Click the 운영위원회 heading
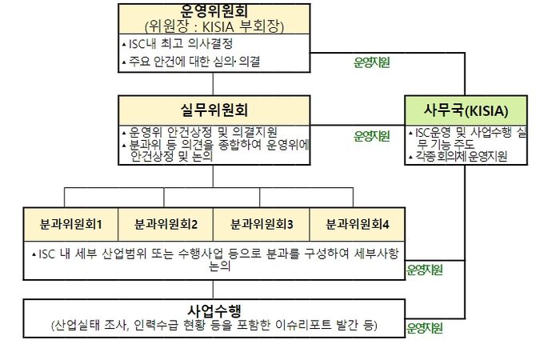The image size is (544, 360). (x=214, y=11)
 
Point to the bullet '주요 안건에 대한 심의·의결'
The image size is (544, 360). (x=191, y=62)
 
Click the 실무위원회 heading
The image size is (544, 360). (x=214, y=110)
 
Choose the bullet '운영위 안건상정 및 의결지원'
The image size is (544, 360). (x=200, y=132)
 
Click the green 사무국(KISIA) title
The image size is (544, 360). (x=466, y=110)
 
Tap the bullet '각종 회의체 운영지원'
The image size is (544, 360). (x=458, y=157)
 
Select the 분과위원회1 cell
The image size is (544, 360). (x=70, y=224)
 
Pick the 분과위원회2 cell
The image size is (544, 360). (x=166, y=224)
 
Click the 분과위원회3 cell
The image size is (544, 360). (x=262, y=224)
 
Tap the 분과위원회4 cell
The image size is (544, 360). (x=357, y=224)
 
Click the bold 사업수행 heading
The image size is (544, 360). (x=214, y=310)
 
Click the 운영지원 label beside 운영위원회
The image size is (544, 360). (x=371, y=62)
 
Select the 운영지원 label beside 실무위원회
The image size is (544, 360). (x=371, y=136)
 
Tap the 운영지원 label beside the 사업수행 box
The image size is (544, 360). (x=424, y=328)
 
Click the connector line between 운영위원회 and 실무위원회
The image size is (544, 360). (x=213, y=84)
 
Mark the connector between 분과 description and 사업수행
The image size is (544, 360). (x=213, y=290)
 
